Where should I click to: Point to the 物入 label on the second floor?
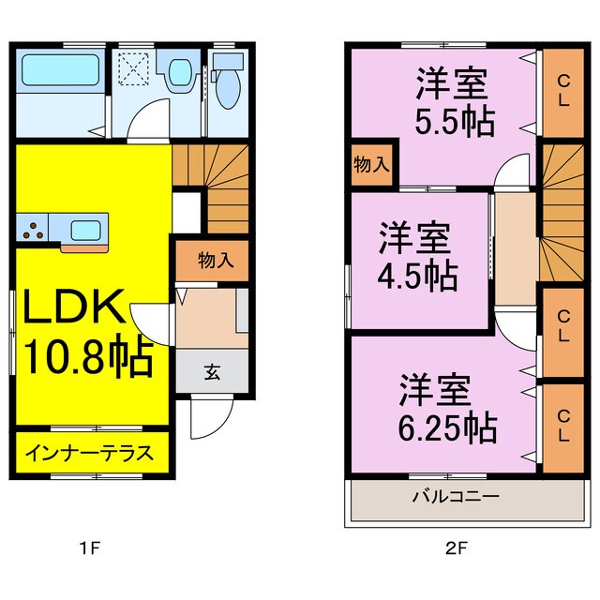[371, 165]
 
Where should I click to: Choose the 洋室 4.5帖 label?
[418, 255]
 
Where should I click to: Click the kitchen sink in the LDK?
[88, 228]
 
